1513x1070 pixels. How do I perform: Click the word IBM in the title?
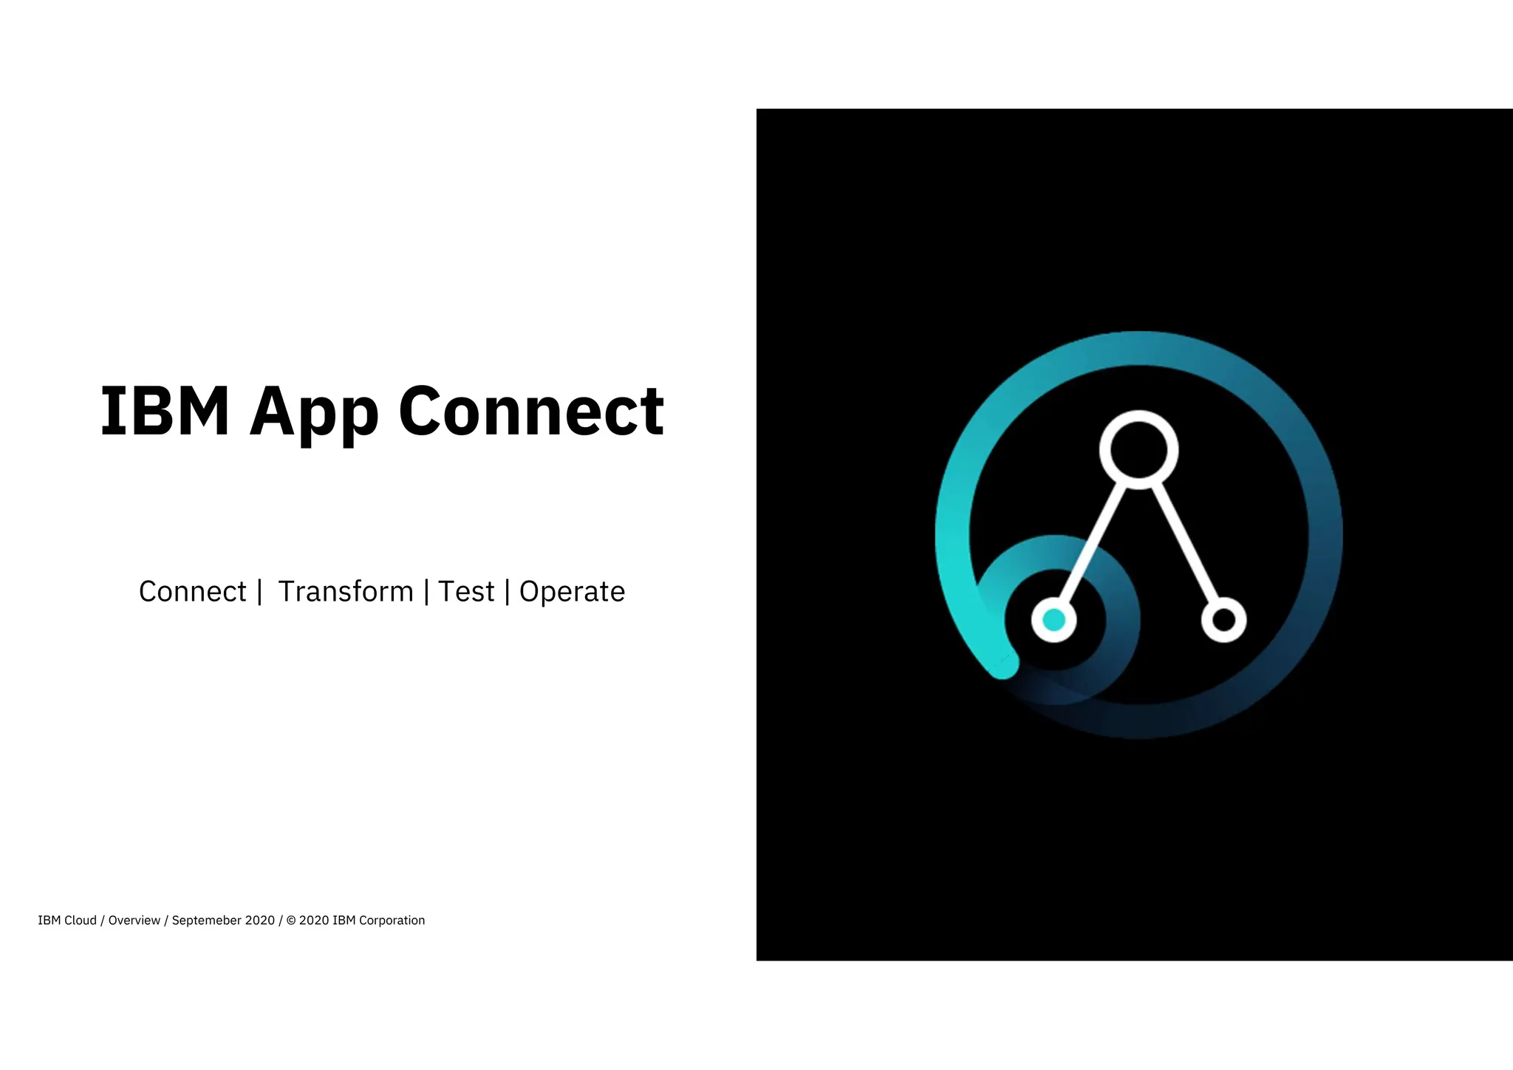click(x=164, y=411)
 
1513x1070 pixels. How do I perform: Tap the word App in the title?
click(x=314, y=414)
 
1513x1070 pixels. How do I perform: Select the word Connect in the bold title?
click(x=531, y=411)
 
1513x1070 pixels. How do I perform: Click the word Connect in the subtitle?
click(x=192, y=592)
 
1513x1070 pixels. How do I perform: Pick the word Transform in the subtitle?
click(x=346, y=592)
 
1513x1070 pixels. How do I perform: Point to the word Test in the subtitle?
click(x=465, y=592)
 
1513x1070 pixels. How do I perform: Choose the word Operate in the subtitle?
click(x=572, y=592)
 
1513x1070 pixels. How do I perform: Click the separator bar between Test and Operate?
click(x=507, y=592)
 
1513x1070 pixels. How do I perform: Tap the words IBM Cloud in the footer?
click(x=67, y=921)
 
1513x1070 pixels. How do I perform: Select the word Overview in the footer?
click(x=134, y=921)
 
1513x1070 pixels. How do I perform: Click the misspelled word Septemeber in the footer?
click(x=212, y=921)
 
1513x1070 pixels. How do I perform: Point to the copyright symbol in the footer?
click(x=290, y=921)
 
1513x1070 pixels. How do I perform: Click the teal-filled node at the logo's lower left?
click(x=1053, y=620)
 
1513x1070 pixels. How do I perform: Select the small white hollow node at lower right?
click(x=1223, y=620)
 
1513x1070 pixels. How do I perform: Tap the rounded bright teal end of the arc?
click(x=1004, y=664)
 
